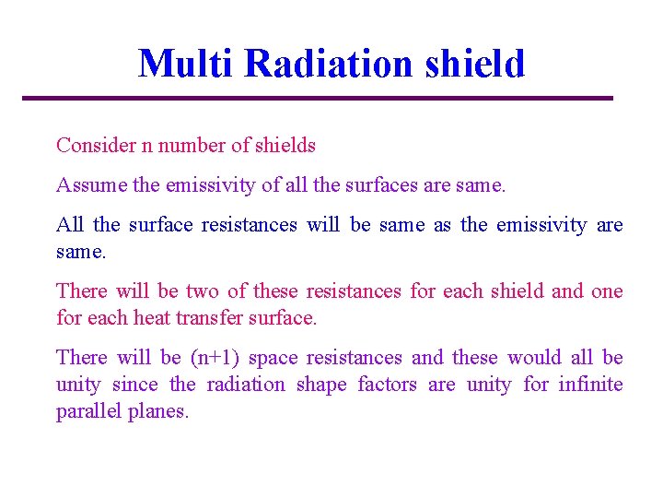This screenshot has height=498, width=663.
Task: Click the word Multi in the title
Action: pyautogui.click(x=187, y=64)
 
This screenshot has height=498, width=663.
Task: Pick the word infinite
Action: pyautogui.click(x=591, y=385)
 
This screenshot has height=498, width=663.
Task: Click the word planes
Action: pyautogui.click(x=159, y=411)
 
